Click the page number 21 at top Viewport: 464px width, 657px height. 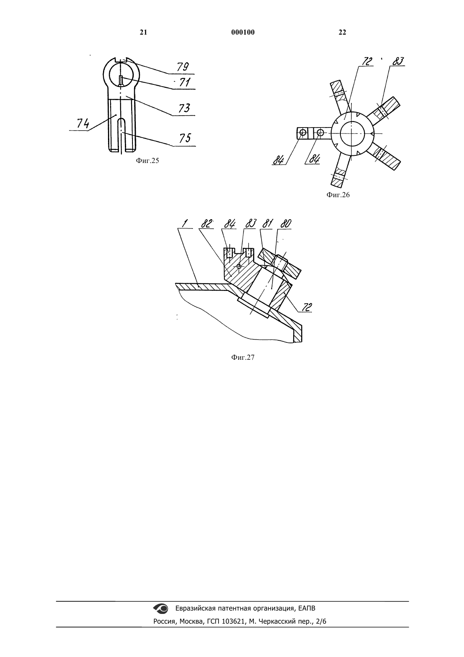(x=143, y=32)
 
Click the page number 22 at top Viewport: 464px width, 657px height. (x=342, y=32)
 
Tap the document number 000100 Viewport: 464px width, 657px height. (x=243, y=32)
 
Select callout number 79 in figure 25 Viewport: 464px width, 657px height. (x=183, y=67)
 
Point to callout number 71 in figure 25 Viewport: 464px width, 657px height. (x=185, y=82)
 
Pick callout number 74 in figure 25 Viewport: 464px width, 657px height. (x=83, y=123)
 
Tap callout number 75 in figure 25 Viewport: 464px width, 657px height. (x=185, y=138)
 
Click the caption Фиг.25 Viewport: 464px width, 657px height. (x=147, y=160)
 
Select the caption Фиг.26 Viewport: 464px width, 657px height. (x=338, y=195)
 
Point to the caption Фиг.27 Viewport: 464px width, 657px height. (x=243, y=357)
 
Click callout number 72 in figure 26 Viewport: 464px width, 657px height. (x=367, y=61)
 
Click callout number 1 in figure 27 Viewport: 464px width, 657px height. (x=184, y=224)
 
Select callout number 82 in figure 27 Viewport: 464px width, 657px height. (x=207, y=224)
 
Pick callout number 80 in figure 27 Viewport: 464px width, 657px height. (x=286, y=224)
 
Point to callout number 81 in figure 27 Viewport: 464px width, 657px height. (x=267, y=224)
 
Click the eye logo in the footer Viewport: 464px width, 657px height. (x=161, y=608)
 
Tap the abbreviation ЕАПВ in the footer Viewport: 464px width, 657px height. (x=307, y=608)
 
